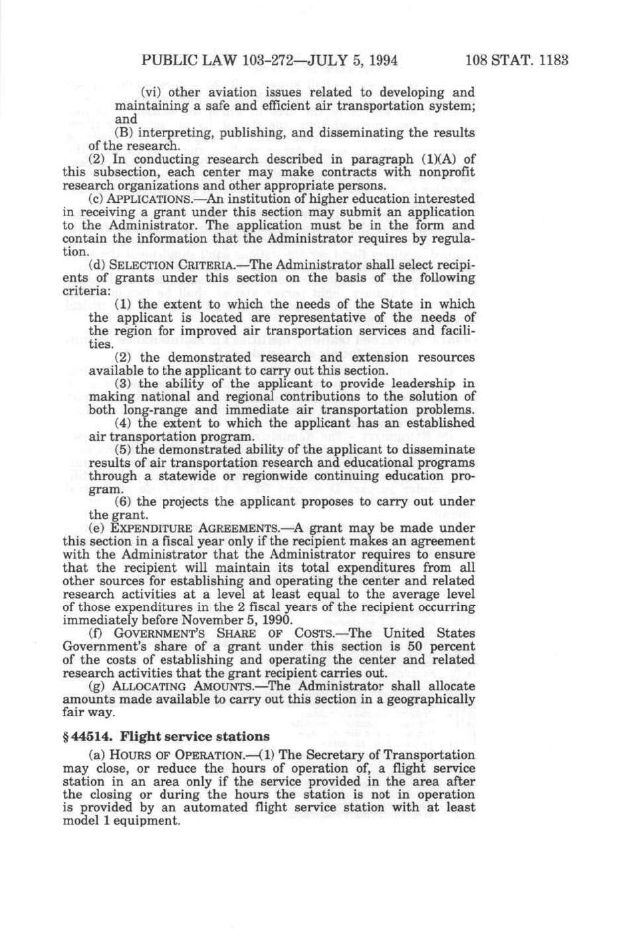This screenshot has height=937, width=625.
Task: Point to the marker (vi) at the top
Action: [x=150, y=92]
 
